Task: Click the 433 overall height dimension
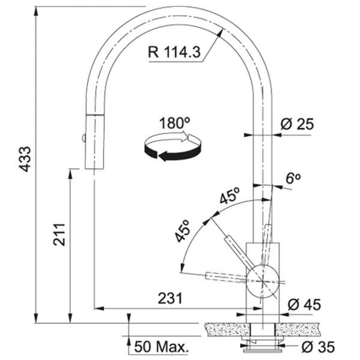pyautogui.click(x=25, y=159)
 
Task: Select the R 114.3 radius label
pyautogui.click(x=174, y=52)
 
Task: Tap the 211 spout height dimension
pyautogui.click(x=59, y=234)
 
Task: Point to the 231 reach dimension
pyautogui.click(x=170, y=298)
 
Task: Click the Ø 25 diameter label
pyautogui.click(x=297, y=124)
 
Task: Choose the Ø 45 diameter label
pyautogui.click(x=304, y=305)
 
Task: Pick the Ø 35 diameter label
pyautogui.click(x=318, y=347)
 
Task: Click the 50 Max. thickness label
pyautogui.click(x=161, y=347)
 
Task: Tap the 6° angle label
pyautogui.click(x=293, y=178)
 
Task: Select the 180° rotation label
pyautogui.click(x=175, y=123)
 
